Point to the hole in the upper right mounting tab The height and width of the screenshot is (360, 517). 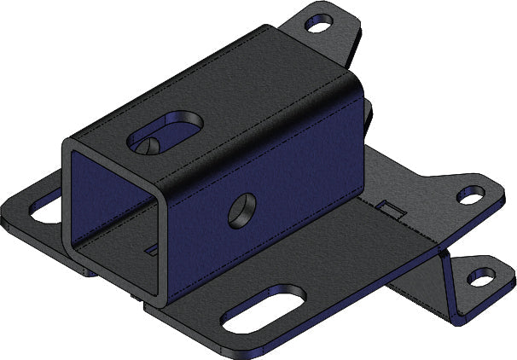coord(470,196)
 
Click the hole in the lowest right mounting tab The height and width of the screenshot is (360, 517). coord(482,276)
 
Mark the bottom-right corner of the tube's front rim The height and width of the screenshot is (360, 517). coord(156,302)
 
